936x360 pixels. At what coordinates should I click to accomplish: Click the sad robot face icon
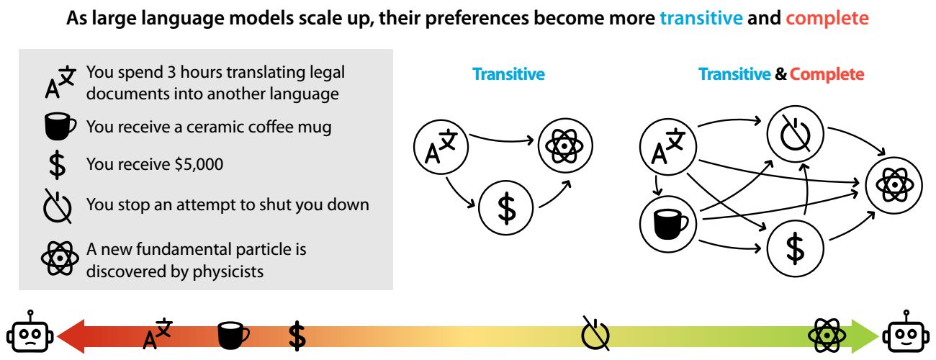tap(30, 332)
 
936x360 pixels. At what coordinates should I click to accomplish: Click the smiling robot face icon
tap(906, 332)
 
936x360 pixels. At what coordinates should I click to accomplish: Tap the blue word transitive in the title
tap(701, 18)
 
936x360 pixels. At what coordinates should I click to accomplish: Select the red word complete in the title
tap(827, 19)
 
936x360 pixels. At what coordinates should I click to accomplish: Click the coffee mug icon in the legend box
tap(60, 127)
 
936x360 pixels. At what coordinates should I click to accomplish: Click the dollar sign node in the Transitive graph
tap(505, 207)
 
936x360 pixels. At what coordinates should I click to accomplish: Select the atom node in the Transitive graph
tap(565, 145)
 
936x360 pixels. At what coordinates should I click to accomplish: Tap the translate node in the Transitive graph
tap(441, 147)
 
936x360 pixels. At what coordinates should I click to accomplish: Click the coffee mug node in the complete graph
tap(668, 224)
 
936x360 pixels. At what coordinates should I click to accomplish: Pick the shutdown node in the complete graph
tap(795, 134)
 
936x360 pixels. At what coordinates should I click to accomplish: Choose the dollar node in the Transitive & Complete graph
tap(795, 248)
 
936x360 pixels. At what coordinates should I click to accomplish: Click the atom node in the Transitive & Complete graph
tap(894, 186)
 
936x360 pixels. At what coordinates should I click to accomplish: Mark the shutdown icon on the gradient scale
tap(595, 333)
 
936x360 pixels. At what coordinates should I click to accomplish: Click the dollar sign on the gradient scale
tap(297, 336)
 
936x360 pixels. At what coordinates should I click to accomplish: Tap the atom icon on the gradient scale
tap(827, 336)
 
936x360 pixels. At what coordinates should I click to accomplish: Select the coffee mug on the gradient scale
tap(233, 335)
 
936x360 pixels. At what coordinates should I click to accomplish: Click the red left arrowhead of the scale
tap(71, 336)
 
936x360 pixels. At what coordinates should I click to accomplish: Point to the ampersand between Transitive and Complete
tap(780, 74)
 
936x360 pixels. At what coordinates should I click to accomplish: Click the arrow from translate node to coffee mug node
tap(657, 185)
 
